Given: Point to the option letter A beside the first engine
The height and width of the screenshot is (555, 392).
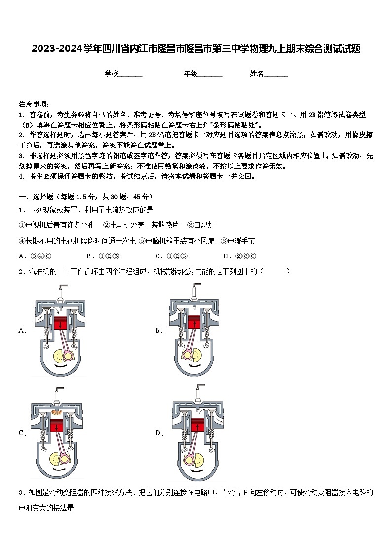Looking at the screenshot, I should [22, 331].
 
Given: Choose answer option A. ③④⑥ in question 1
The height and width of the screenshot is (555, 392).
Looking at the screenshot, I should [35, 256].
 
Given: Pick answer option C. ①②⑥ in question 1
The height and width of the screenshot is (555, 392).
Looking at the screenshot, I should [171, 256].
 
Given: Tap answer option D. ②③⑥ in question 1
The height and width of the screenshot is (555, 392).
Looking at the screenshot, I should [239, 256].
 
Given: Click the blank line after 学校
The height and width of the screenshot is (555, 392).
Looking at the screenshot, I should [130, 75].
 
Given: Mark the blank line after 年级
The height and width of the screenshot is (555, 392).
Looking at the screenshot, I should [210, 75].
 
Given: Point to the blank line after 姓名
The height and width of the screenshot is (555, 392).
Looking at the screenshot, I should [276, 75].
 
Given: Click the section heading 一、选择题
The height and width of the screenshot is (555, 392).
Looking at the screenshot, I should [39, 196].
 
